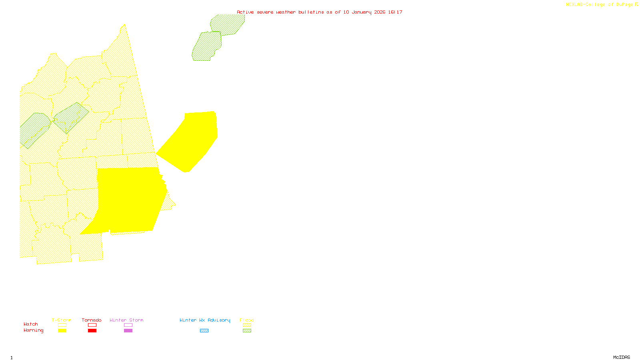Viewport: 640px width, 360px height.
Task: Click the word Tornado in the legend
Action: pos(92,320)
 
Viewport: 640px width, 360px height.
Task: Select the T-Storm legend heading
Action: pos(62,320)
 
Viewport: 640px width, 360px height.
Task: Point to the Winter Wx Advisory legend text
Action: pos(205,320)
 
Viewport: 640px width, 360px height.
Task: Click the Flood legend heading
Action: pos(247,320)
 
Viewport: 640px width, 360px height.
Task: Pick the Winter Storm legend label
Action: pos(126,320)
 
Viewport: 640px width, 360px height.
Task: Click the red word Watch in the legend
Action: pos(31,324)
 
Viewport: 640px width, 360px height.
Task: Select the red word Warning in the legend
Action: pos(33,330)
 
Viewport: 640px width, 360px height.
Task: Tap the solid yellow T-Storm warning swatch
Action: pos(62,331)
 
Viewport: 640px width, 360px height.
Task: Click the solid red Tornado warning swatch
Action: pos(92,331)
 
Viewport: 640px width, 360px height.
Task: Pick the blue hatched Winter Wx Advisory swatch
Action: pos(204,331)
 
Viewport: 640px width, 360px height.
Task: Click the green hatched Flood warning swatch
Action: pos(247,331)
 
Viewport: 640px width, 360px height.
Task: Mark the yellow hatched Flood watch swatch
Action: pos(247,325)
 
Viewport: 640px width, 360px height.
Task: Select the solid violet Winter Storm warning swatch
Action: pos(128,331)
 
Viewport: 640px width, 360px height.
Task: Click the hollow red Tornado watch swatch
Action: pos(92,325)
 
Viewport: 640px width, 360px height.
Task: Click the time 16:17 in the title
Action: pos(395,12)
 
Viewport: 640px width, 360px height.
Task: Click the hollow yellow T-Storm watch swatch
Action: pos(62,325)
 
